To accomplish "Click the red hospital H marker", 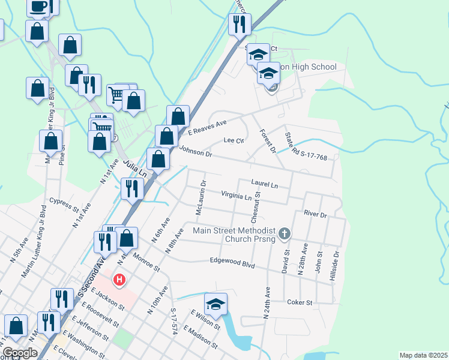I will (x=120, y=280).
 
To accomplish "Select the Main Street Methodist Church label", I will (x=234, y=235).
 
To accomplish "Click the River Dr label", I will (x=315, y=214).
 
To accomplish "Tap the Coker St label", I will (x=300, y=302).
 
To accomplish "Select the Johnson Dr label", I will (x=196, y=152).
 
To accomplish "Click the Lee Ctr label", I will (x=233, y=140).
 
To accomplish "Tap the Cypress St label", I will (x=64, y=205).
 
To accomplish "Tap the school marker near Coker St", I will (x=215, y=304).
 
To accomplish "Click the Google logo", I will (x=20, y=353).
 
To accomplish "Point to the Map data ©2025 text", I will (x=423, y=355).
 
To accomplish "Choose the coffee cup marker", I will (x=39, y=7).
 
